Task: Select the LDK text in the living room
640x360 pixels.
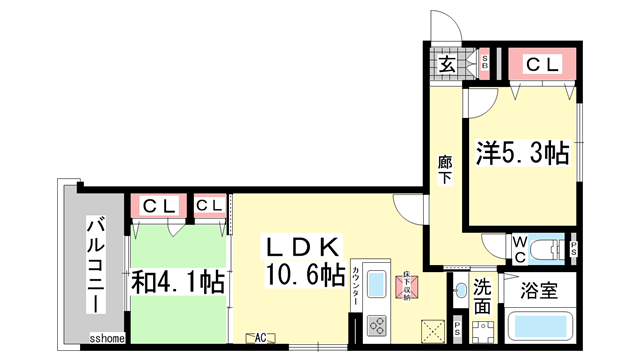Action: (305, 246)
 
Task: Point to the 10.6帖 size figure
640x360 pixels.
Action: (306, 274)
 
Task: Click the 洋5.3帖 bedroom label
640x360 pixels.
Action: (522, 153)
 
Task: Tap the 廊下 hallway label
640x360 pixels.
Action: (444, 169)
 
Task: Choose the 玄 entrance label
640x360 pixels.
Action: (447, 64)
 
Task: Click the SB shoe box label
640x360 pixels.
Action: (485, 64)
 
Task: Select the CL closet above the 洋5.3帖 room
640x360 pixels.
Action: (542, 65)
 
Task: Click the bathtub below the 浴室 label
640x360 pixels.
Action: (540, 327)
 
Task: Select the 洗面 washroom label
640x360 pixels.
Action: (483, 297)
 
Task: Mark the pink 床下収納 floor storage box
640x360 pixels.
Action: (406, 285)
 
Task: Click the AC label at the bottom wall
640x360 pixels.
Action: (263, 338)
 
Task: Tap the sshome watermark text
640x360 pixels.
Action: (107, 339)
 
